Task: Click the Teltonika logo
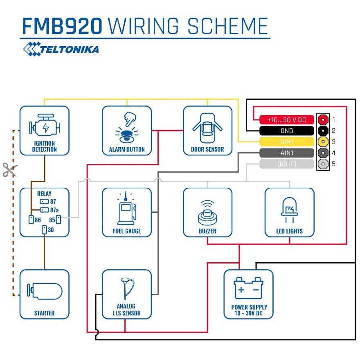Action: (x=61, y=49)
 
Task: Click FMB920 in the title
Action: (x=62, y=26)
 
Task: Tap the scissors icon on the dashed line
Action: (x=10, y=170)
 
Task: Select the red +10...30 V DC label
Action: (x=287, y=119)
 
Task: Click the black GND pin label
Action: (x=287, y=130)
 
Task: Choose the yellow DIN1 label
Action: (x=287, y=142)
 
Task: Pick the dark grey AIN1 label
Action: (x=287, y=153)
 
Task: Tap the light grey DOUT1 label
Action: (x=287, y=164)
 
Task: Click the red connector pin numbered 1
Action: (x=323, y=119)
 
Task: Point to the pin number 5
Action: (x=333, y=164)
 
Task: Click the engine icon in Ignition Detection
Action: (x=45, y=125)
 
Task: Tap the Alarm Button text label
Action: (x=127, y=149)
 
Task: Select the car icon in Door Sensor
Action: (x=207, y=128)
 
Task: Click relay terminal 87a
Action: (x=44, y=209)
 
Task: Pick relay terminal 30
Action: (x=44, y=229)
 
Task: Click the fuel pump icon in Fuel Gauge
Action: (x=127, y=208)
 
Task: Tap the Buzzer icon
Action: (x=207, y=213)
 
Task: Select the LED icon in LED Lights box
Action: (x=290, y=210)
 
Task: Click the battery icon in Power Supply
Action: (x=248, y=288)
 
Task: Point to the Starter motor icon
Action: (x=45, y=291)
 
